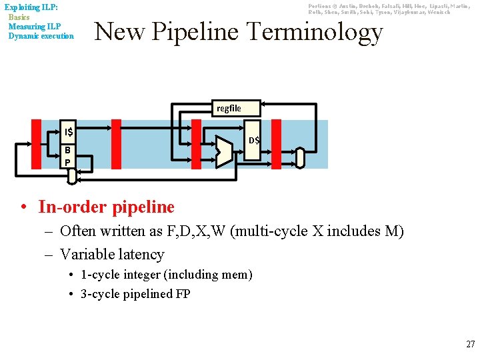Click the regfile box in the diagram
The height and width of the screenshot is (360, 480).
(229, 108)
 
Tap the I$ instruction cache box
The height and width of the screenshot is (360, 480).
(68, 131)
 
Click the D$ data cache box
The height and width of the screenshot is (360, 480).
(254, 140)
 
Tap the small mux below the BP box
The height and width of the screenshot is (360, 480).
(77, 172)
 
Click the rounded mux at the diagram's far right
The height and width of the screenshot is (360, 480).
(300, 157)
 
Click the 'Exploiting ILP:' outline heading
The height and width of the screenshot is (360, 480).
(31, 7)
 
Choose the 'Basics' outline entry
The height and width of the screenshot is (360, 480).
(19, 17)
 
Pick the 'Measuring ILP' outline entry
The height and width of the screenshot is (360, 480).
(35, 26)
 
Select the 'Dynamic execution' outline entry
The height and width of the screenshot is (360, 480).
(41, 35)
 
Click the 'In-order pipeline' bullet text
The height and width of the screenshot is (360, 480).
(107, 207)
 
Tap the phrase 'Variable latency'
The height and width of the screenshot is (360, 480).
(112, 254)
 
